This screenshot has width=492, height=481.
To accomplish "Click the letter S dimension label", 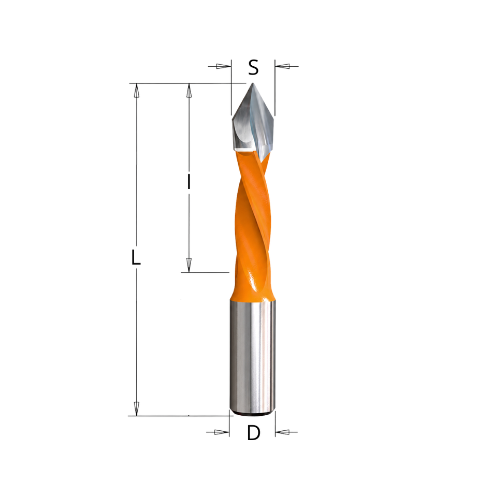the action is [x=253, y=67].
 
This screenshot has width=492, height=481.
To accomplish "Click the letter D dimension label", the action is [x=254, y=433].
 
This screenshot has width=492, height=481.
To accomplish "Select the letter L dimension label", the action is [x=136, y=257].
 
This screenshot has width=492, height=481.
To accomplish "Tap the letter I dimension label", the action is [x=189, y=181].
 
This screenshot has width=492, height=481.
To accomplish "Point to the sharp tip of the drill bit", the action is [x=253, y=83].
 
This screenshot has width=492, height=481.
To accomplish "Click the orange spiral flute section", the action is [x=252, y=220].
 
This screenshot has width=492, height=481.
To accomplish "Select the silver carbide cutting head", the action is [x=253, y=122].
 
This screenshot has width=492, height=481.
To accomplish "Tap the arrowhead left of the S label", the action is [x=223, y=66].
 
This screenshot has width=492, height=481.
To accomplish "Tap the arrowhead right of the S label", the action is [x=282, y=66].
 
